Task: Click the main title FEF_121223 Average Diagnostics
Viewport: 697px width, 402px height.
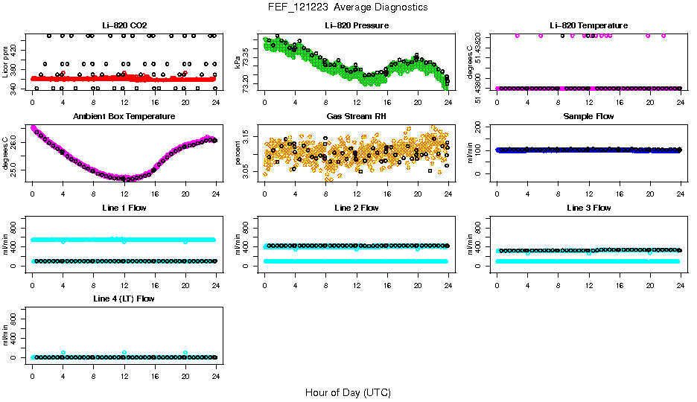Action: (x=348, y=7)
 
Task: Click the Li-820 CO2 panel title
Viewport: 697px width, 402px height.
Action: (x=124, y=25)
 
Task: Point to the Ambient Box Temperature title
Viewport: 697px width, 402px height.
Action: (x=124, y=116)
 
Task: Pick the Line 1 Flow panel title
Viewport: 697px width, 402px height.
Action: (x=124, y=208)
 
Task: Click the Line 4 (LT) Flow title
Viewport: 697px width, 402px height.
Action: (x=124, y=299)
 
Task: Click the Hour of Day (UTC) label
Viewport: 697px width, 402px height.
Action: (x=348, y=392)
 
